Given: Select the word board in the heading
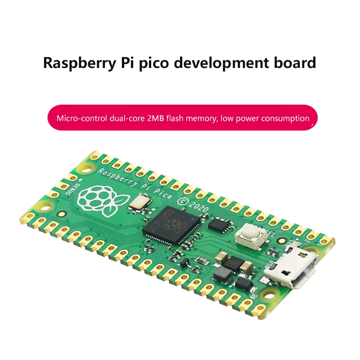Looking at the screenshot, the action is (x=294, y=63).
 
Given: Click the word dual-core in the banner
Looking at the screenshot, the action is (x=126, y=119).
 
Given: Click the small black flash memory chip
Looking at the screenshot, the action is (x=220, y=224).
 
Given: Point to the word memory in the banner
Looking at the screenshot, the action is (x=201, y=119).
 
